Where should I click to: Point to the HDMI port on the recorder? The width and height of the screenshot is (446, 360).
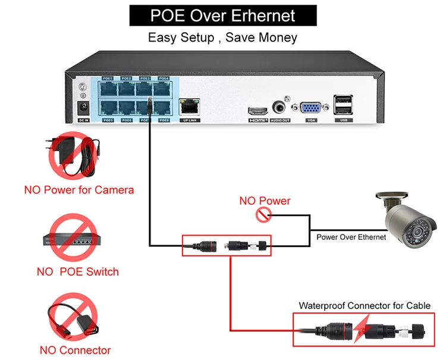[x=258, y=110]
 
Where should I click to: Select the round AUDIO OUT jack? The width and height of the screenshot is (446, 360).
[x=279, y=108]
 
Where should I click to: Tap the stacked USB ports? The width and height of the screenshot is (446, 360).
[x=343, y=106]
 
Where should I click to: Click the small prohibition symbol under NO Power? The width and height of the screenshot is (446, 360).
[x=262, y=215]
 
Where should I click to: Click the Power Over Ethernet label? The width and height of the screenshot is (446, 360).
[x=351, y=237]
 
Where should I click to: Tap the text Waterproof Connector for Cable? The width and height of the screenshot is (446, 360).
[x=364, y=306]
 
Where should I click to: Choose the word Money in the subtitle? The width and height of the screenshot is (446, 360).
[x=277, y=37]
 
